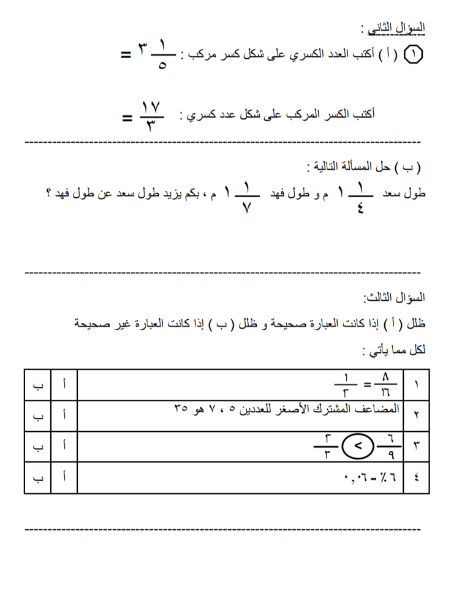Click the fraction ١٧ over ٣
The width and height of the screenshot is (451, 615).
pos(150,114)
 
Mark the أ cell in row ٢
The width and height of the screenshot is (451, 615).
pos(64,415)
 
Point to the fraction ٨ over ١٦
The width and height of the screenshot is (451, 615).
pos(386,385)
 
